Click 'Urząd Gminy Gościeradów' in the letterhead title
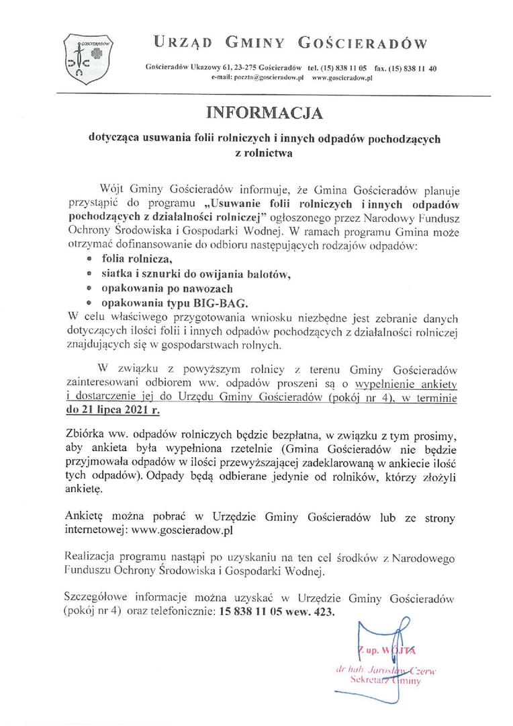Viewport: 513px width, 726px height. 290,44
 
